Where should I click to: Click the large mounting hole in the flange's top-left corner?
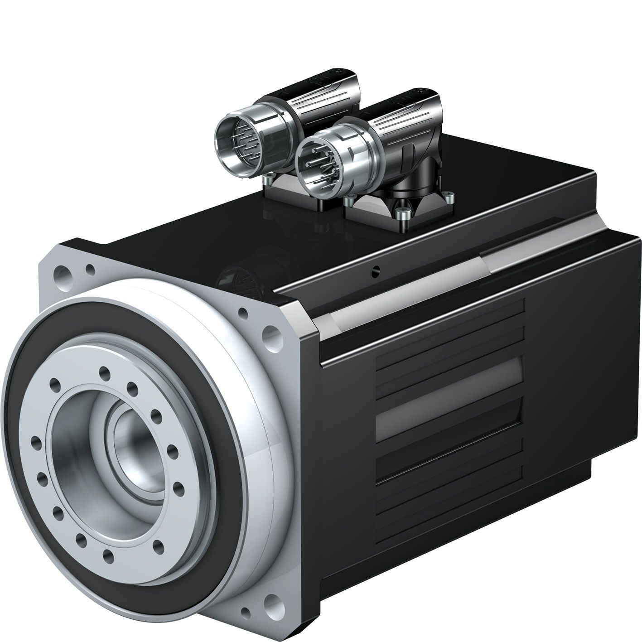tap(62, 273)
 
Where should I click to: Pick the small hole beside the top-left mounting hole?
tap(89, 271)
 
